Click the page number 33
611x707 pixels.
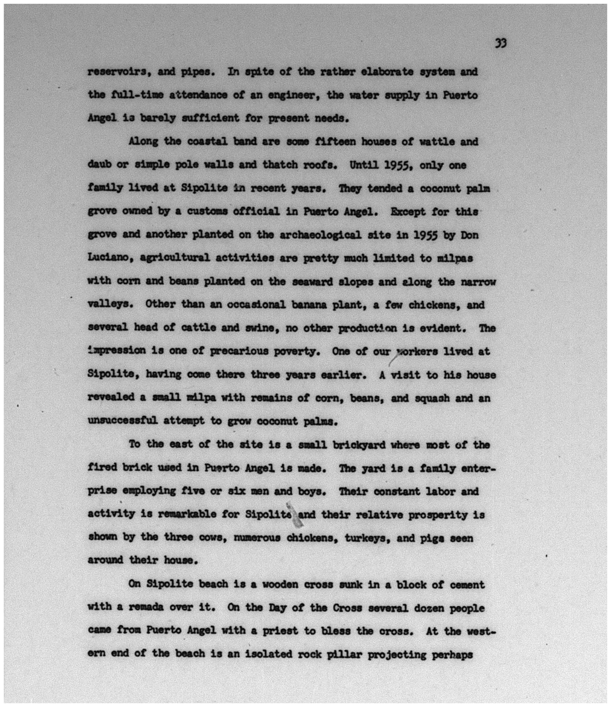501,43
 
